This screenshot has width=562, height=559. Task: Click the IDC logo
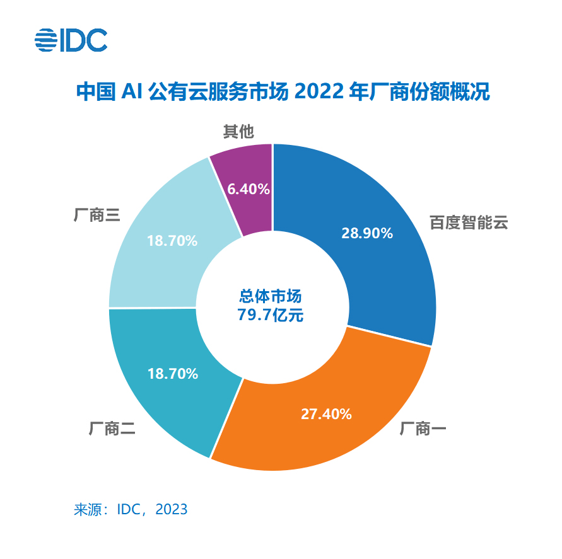(71, 40)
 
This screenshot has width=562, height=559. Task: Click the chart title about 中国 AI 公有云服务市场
(282, 91)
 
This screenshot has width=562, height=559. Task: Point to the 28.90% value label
(367, 233)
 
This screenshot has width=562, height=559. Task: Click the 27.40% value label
(325, 414)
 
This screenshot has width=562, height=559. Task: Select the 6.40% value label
(249, 188)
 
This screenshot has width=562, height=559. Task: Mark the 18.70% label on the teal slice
(173, 374)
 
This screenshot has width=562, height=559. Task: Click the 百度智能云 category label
(469, 222)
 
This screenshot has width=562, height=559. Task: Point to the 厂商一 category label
(423, 430)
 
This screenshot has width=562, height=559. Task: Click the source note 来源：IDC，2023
(131, 509)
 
